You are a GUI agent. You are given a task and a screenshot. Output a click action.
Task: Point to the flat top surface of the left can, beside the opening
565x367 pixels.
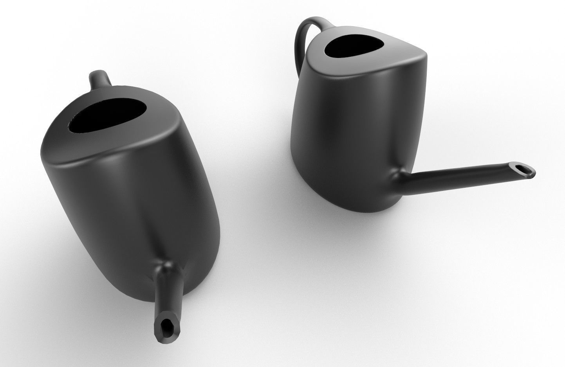pos(157,133)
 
